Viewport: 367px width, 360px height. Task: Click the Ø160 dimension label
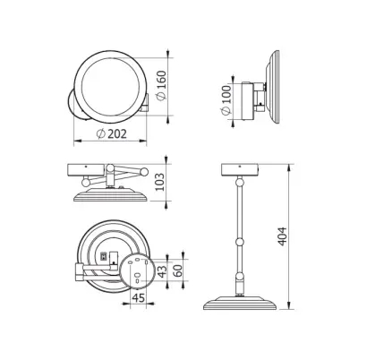tap(161, 86)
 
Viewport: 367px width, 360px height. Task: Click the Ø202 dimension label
tap(112, 134)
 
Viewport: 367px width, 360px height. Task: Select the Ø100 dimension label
tap(226, 100)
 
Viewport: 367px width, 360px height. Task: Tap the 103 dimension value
tap(160, 182)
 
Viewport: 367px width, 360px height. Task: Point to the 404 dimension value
tap(282, 236)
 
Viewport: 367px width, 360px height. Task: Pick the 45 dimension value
tap(139, 297)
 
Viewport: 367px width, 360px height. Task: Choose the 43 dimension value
tap(162, 271)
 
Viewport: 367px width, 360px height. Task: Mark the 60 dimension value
tap(178, 270)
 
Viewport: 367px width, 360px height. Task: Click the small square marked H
tap(104, 256)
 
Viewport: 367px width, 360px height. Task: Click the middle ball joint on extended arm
tap(240, 241)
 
